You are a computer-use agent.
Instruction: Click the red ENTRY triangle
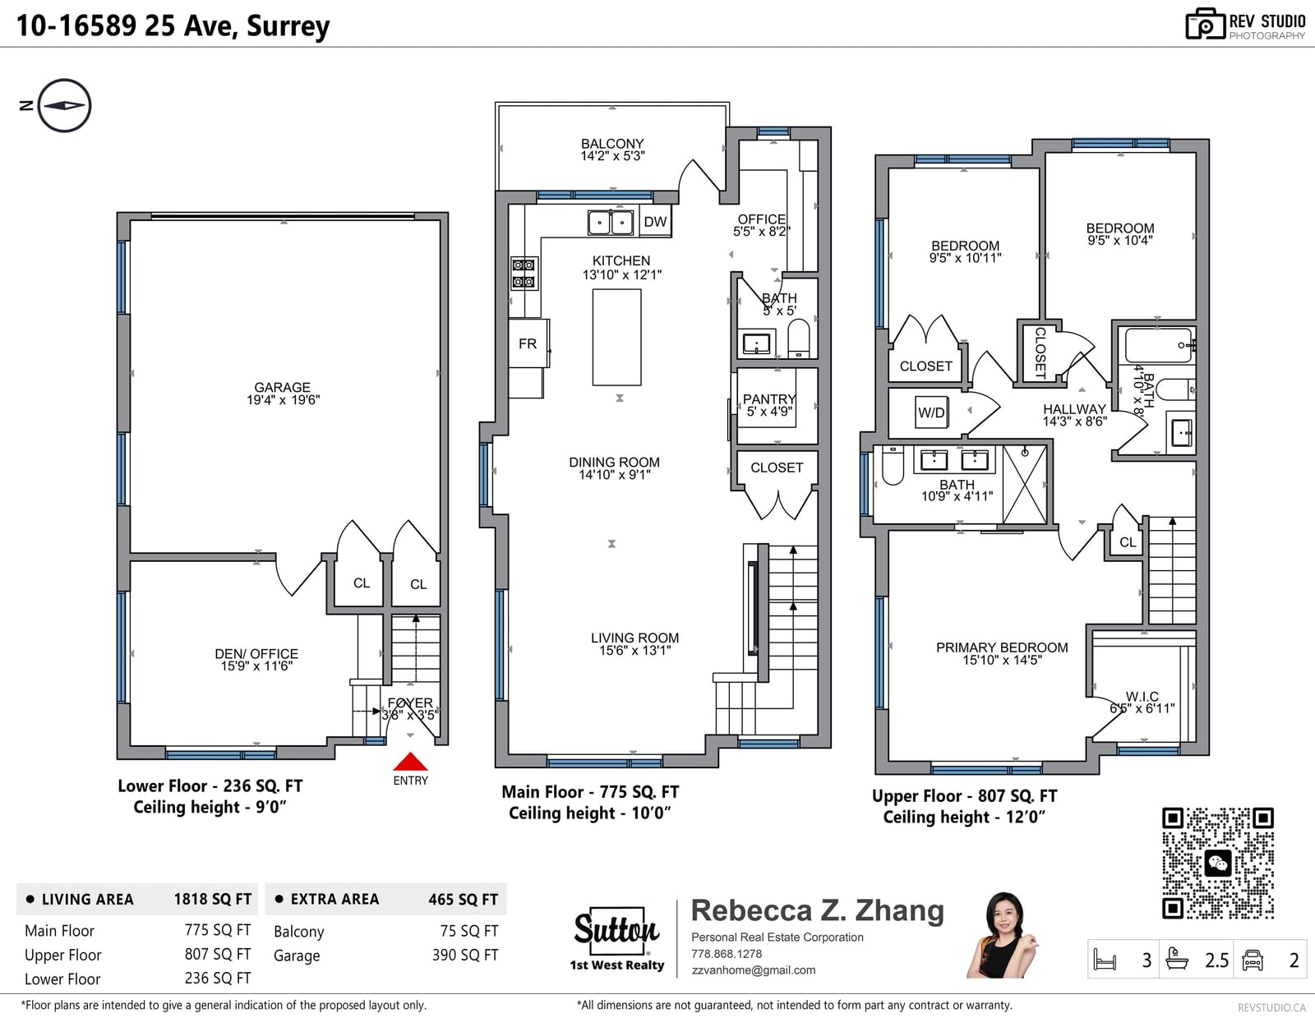(410, 761)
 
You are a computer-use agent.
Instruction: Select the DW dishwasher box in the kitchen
(655, 222)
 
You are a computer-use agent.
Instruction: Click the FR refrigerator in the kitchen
(528, 343)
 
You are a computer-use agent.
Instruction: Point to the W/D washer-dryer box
(931, 412)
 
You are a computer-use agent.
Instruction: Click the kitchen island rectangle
(616, 337)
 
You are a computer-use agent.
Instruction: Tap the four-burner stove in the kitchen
(524, 274)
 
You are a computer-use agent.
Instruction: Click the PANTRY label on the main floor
(769, 399)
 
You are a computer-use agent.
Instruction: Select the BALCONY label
(612, 143)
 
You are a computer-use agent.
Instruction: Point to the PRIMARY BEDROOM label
(1002, 647)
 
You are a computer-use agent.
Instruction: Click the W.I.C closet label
(1142, 696)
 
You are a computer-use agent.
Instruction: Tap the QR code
(1217, 864)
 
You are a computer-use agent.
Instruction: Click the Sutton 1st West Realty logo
(616, 937)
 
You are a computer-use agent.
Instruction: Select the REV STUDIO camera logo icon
(1205, 24)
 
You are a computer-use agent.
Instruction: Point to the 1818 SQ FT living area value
(212, 900)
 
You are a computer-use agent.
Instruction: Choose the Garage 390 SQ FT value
(464, 955)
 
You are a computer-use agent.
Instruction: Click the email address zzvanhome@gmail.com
(754, 970)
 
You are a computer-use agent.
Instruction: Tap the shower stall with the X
(1025, 484)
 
